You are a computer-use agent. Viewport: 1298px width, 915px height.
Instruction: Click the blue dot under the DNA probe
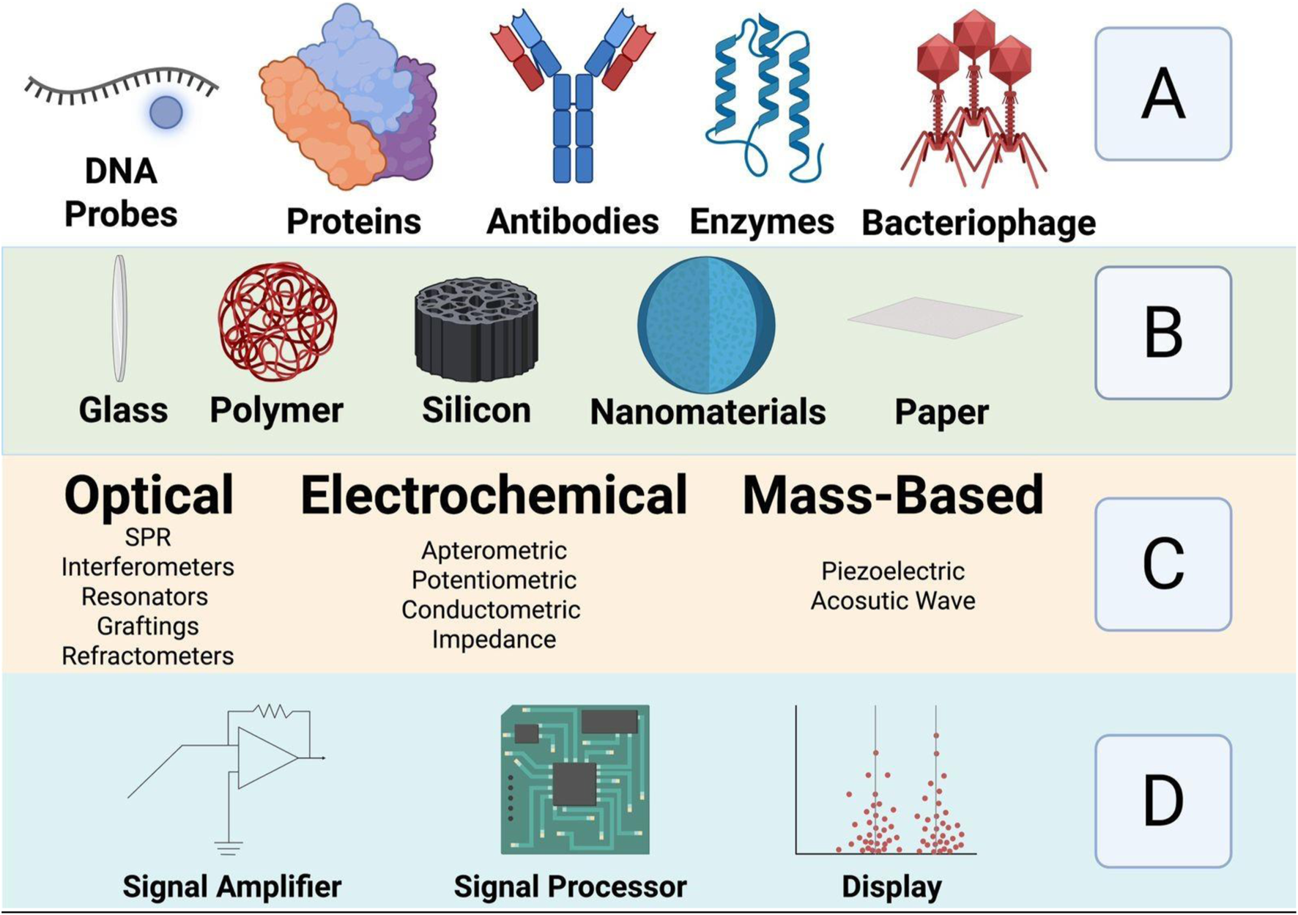pos(166,112)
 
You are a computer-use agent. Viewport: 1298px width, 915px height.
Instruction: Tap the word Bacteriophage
pos(979,223)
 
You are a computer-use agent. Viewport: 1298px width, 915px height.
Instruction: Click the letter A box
pos(1162,94)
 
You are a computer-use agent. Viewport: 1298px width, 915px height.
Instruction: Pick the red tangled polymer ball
pos(278,322)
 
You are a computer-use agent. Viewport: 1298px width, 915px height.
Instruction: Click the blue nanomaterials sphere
pos(706,324)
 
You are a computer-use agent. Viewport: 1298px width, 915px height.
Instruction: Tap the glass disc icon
pos(119,318)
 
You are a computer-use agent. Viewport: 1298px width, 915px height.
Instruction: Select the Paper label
pos(941,412)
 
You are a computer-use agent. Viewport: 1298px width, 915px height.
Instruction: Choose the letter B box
pos(1162,333)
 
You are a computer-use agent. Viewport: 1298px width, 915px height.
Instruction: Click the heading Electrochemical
pos(494,495)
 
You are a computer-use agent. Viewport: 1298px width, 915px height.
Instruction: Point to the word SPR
pos(148,537)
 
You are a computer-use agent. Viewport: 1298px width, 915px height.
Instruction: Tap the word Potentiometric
pos(494,580)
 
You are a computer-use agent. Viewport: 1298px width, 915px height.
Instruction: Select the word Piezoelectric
pos(892,571)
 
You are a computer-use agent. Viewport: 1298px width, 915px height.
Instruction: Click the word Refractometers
pos(148,656)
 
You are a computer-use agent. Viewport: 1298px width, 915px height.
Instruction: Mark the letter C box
pos(1162,564)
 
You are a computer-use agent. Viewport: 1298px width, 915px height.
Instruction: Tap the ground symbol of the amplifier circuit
pos(229,848)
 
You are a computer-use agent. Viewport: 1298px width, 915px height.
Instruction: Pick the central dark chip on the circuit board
pos(574,783)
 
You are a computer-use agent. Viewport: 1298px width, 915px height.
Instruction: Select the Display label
pos(891,886)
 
